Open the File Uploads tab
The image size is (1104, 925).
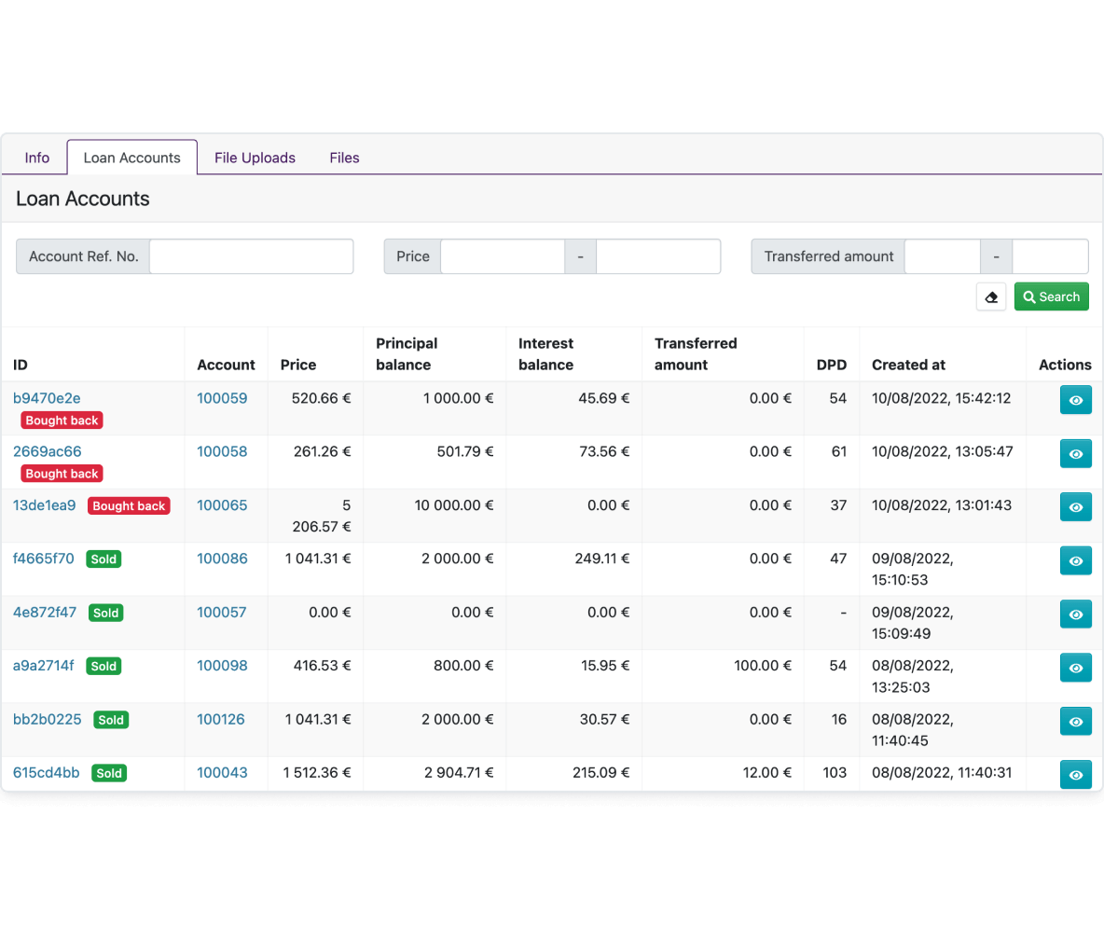(x=255, y=158)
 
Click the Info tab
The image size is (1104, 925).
(x=36, y=158)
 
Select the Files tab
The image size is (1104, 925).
(x=344, y=158)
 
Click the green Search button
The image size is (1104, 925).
(x=1051, y=297)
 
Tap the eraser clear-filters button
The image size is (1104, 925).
(x=990, y=297)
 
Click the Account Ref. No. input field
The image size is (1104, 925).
(x=252, y=256)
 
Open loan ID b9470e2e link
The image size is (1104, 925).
(x=47, y=398)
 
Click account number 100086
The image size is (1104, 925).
(x=222, y=559)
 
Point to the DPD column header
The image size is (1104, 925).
(x=832, y=365)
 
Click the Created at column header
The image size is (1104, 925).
(x=908, y=365)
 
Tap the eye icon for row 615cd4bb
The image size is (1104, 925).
(x=1076, y=774)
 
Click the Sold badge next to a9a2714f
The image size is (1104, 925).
(x=103, y=666)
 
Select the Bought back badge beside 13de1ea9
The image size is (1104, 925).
(x=129, y=506)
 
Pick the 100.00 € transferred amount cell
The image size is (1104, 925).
(x=763, y=666)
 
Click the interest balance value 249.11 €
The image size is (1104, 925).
(x=602, y=559)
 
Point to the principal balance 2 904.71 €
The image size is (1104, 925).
(x=459, y=773)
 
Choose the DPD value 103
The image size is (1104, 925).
(x=835, y=773)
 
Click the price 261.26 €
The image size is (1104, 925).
(x=322, y=452)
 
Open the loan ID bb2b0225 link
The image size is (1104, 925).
(x=48, y=720)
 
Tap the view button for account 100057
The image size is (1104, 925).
(x=1076, y=614)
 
